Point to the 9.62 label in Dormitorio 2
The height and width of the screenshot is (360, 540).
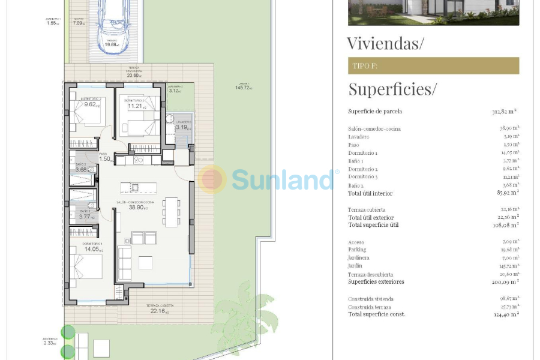[91, 104]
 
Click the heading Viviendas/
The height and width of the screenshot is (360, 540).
[385, 43]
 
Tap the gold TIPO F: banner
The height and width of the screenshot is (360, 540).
[433, 65]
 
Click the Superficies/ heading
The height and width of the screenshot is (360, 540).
[392, 89]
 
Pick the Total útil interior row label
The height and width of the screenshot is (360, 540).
[370, 193]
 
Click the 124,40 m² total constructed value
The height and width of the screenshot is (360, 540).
[505, 314]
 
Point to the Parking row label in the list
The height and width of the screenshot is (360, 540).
[357, 250]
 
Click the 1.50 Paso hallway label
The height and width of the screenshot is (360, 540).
[106, 159]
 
